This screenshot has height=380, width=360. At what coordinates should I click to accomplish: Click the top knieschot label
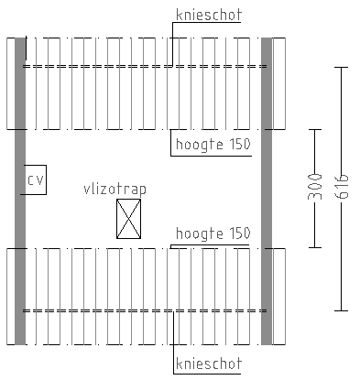(x=207, y=16)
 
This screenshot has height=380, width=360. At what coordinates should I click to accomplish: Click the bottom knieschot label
(x=207, y=364)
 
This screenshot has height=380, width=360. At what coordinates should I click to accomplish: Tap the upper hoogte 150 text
(x=212, y=144)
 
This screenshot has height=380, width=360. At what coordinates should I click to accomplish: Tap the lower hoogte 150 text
(x=212, y=233)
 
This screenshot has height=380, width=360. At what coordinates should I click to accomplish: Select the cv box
(x=35, y=180)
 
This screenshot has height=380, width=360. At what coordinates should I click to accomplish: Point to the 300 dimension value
(x=315, y=188)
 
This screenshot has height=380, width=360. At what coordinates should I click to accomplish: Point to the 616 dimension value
(x=341, y=188)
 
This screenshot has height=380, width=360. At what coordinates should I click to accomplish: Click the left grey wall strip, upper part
(x=19, y=82)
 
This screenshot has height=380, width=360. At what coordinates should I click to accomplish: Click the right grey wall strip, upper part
(x=267, y=82)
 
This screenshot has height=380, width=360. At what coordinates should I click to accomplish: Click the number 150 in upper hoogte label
(x=238, y=144)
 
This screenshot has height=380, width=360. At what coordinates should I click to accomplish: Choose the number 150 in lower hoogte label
(x=238, y=233)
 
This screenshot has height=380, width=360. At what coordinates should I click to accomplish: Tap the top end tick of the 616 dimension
(x=341, y=67)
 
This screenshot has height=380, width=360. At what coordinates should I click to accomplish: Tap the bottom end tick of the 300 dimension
(x=315, y=247)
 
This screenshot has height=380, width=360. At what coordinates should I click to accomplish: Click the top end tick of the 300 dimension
(x=315, y=129)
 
